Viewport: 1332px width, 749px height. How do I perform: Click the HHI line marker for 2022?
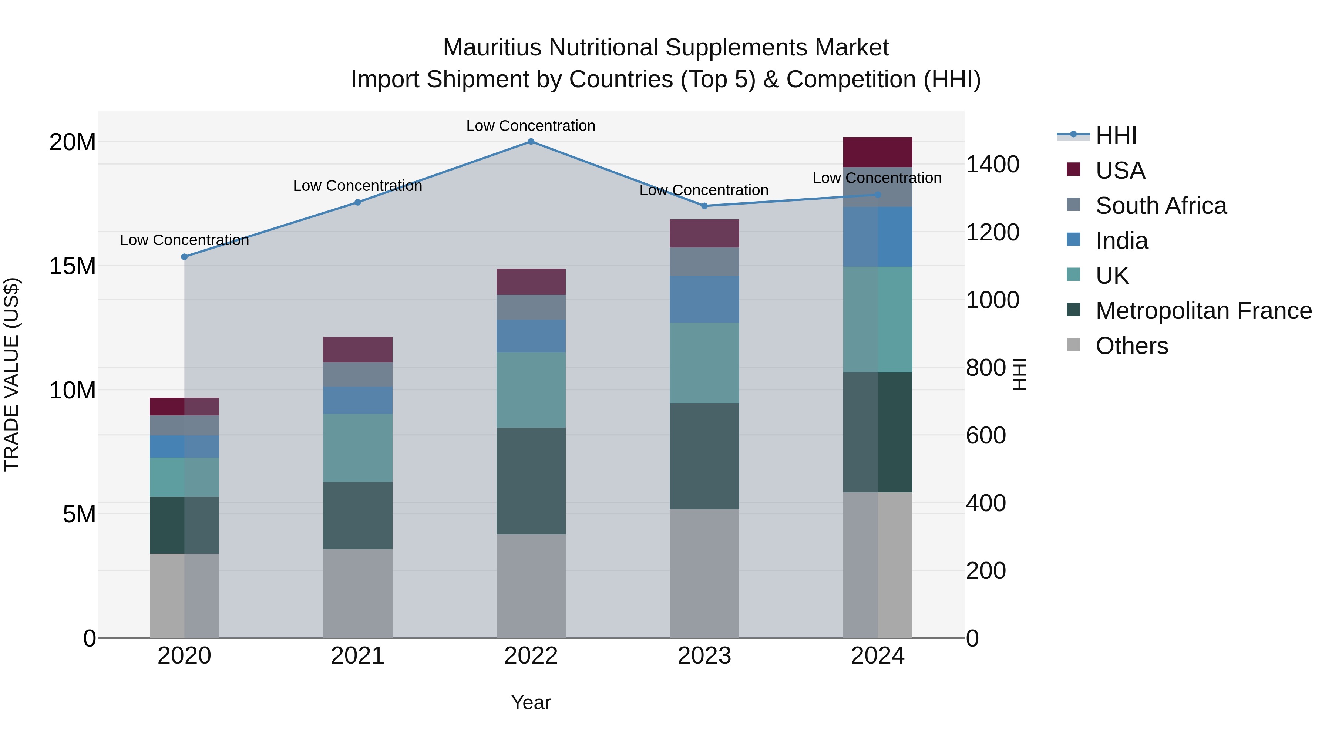pyautogui.click(x=531, y=141)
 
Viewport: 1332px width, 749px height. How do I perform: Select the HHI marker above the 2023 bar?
pyautogui.click(x=704, y=206)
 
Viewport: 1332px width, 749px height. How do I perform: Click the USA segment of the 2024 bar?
pyautogui.click(x=878, y=152)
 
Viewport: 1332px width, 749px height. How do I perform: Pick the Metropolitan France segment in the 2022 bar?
pyautogui.click(x=531, y=481)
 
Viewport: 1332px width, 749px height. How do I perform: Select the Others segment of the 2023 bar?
pyautogui.click(x=704, y=573)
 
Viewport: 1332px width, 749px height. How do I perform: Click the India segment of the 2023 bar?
pyautogui.click(x=704, y=299)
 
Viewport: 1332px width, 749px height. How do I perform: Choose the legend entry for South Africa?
pyautogui.click(x=1160, y=206)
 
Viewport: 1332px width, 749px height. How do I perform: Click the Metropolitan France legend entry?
pyautogui.click(x=1203, y=311)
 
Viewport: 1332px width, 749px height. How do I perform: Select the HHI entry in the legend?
pyautogui.click(x=1116, y=135)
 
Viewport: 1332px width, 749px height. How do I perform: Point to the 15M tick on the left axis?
pyautogui.click(x=73, y=266)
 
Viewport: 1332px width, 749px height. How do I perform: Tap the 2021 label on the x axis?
pyautogui.click(x=357, y=656)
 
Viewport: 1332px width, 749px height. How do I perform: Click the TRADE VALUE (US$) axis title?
pyautogui.click(x=11, y=374)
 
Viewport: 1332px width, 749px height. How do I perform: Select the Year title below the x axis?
pyautogui.click(x=531, y=702)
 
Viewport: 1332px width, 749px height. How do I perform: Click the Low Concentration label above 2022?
pyautogui.click(x=531, y=126)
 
